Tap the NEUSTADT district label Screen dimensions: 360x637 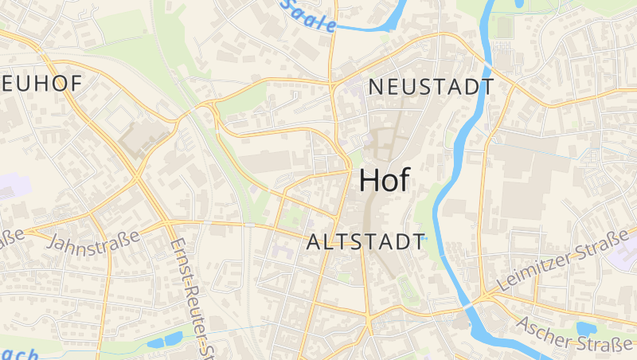tap(431, 87)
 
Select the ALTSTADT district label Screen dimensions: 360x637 tap(365, 242)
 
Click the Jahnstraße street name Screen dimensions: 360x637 tap(94, 241)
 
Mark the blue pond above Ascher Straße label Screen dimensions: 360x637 tap(586, 328)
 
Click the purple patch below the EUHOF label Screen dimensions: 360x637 tap(14, 187)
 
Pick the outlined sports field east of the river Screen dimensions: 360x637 tap(503, 27)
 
